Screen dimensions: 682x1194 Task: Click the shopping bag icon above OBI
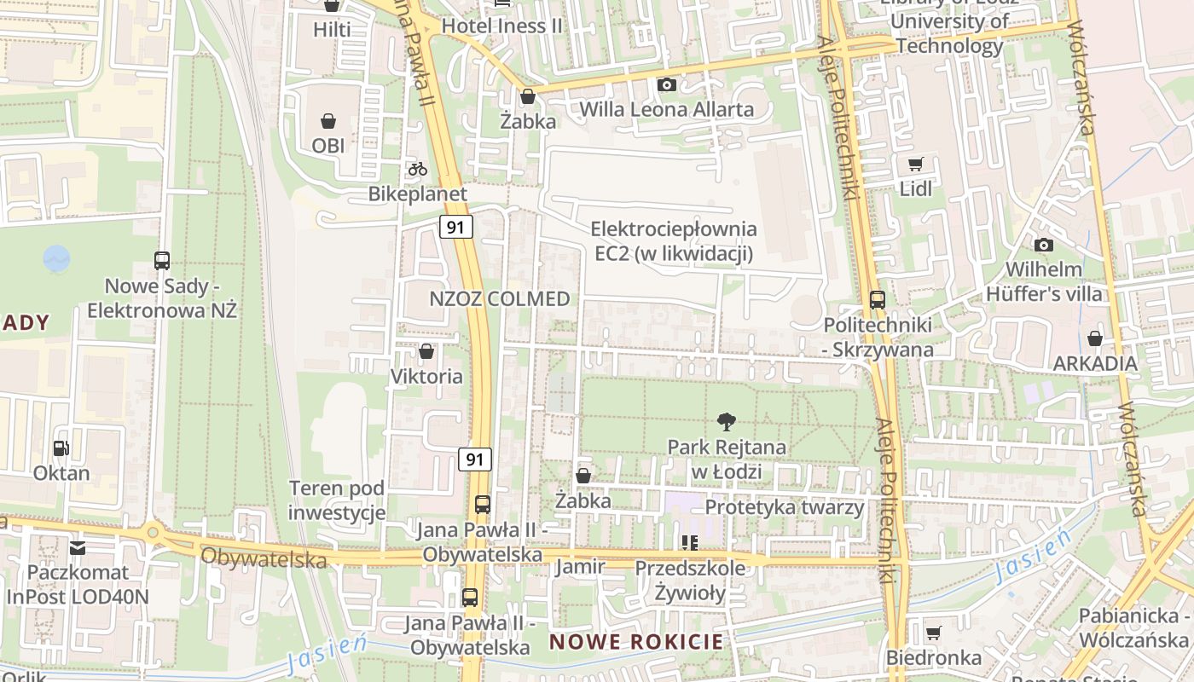328,122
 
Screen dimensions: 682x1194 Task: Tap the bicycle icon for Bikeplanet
417,169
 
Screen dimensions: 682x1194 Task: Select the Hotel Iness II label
502,26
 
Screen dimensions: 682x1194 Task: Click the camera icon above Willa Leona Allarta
667,84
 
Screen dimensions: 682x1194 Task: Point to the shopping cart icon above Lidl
916,164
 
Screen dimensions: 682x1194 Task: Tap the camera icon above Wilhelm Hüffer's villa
1043,246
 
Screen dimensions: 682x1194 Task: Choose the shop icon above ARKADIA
1095,339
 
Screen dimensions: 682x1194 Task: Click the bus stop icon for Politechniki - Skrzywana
877,300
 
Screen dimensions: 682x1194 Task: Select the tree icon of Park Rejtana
727,421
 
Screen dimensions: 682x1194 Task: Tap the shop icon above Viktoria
426,351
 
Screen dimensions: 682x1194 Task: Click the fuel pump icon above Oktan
61,448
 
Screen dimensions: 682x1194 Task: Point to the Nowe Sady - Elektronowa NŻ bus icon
162,261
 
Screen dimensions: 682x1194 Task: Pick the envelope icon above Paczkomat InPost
78,547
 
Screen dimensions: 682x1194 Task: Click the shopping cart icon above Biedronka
934,633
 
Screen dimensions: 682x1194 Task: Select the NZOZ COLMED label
500,299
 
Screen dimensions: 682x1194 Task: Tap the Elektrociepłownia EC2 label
674,241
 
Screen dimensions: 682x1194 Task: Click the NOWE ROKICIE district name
636,642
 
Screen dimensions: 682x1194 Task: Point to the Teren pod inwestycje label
337,500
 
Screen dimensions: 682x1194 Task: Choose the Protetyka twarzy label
785,507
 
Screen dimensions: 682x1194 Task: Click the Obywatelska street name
264,558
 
